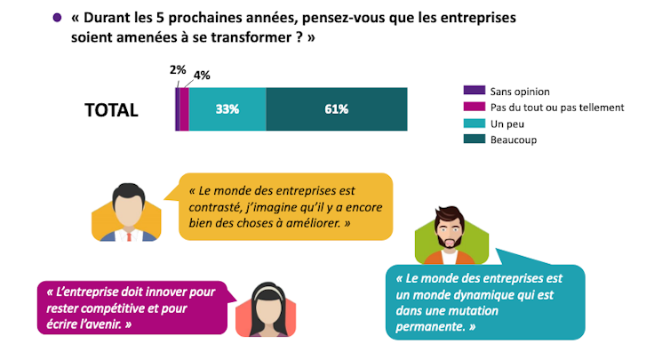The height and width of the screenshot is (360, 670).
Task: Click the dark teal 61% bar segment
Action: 337,109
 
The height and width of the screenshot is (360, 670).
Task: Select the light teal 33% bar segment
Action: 227,109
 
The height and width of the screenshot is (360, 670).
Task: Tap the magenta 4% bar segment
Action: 184,109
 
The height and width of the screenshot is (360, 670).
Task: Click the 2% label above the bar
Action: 177,68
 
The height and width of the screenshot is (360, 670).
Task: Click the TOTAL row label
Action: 111,110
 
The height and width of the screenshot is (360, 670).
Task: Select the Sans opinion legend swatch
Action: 474,91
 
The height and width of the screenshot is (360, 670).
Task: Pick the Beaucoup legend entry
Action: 519,140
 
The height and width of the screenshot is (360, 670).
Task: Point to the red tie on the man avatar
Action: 129,234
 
